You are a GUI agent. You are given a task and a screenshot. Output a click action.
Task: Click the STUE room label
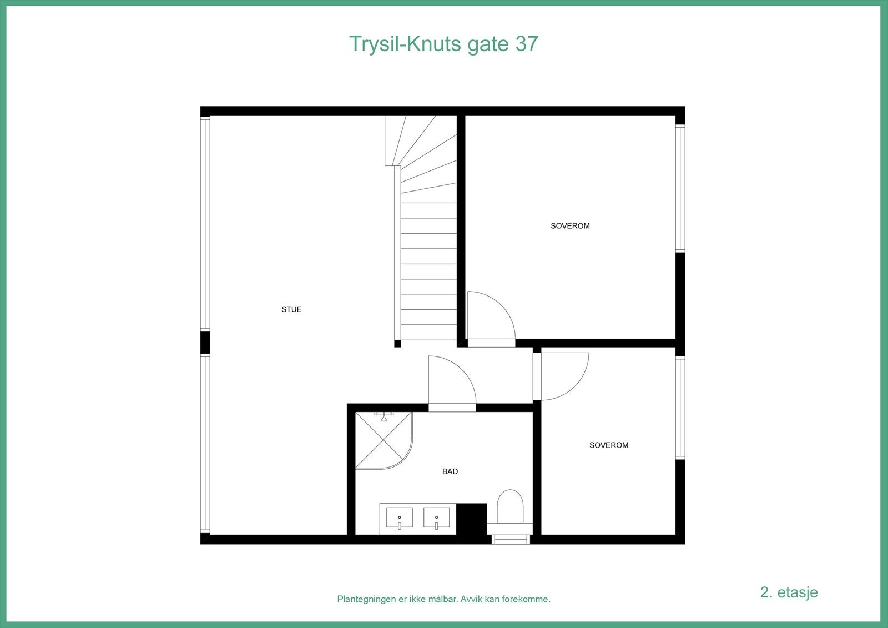point(291,309)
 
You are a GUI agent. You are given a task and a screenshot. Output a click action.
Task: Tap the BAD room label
point(450,471)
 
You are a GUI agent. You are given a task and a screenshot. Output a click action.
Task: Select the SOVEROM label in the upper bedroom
point(570,226)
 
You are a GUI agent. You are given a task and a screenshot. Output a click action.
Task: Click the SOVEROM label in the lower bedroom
point(609,445)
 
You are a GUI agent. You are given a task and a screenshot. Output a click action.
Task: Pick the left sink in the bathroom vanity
point(399,518)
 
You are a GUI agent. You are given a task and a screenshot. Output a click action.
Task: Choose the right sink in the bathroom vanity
point(436,518)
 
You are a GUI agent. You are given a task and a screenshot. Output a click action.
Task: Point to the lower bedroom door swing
point(562,376)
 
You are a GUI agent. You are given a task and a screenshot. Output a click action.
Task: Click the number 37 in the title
point(527,44)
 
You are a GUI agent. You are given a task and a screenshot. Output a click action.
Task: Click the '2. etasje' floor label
point(789,592)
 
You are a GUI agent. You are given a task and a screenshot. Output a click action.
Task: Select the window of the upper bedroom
point(680,189)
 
